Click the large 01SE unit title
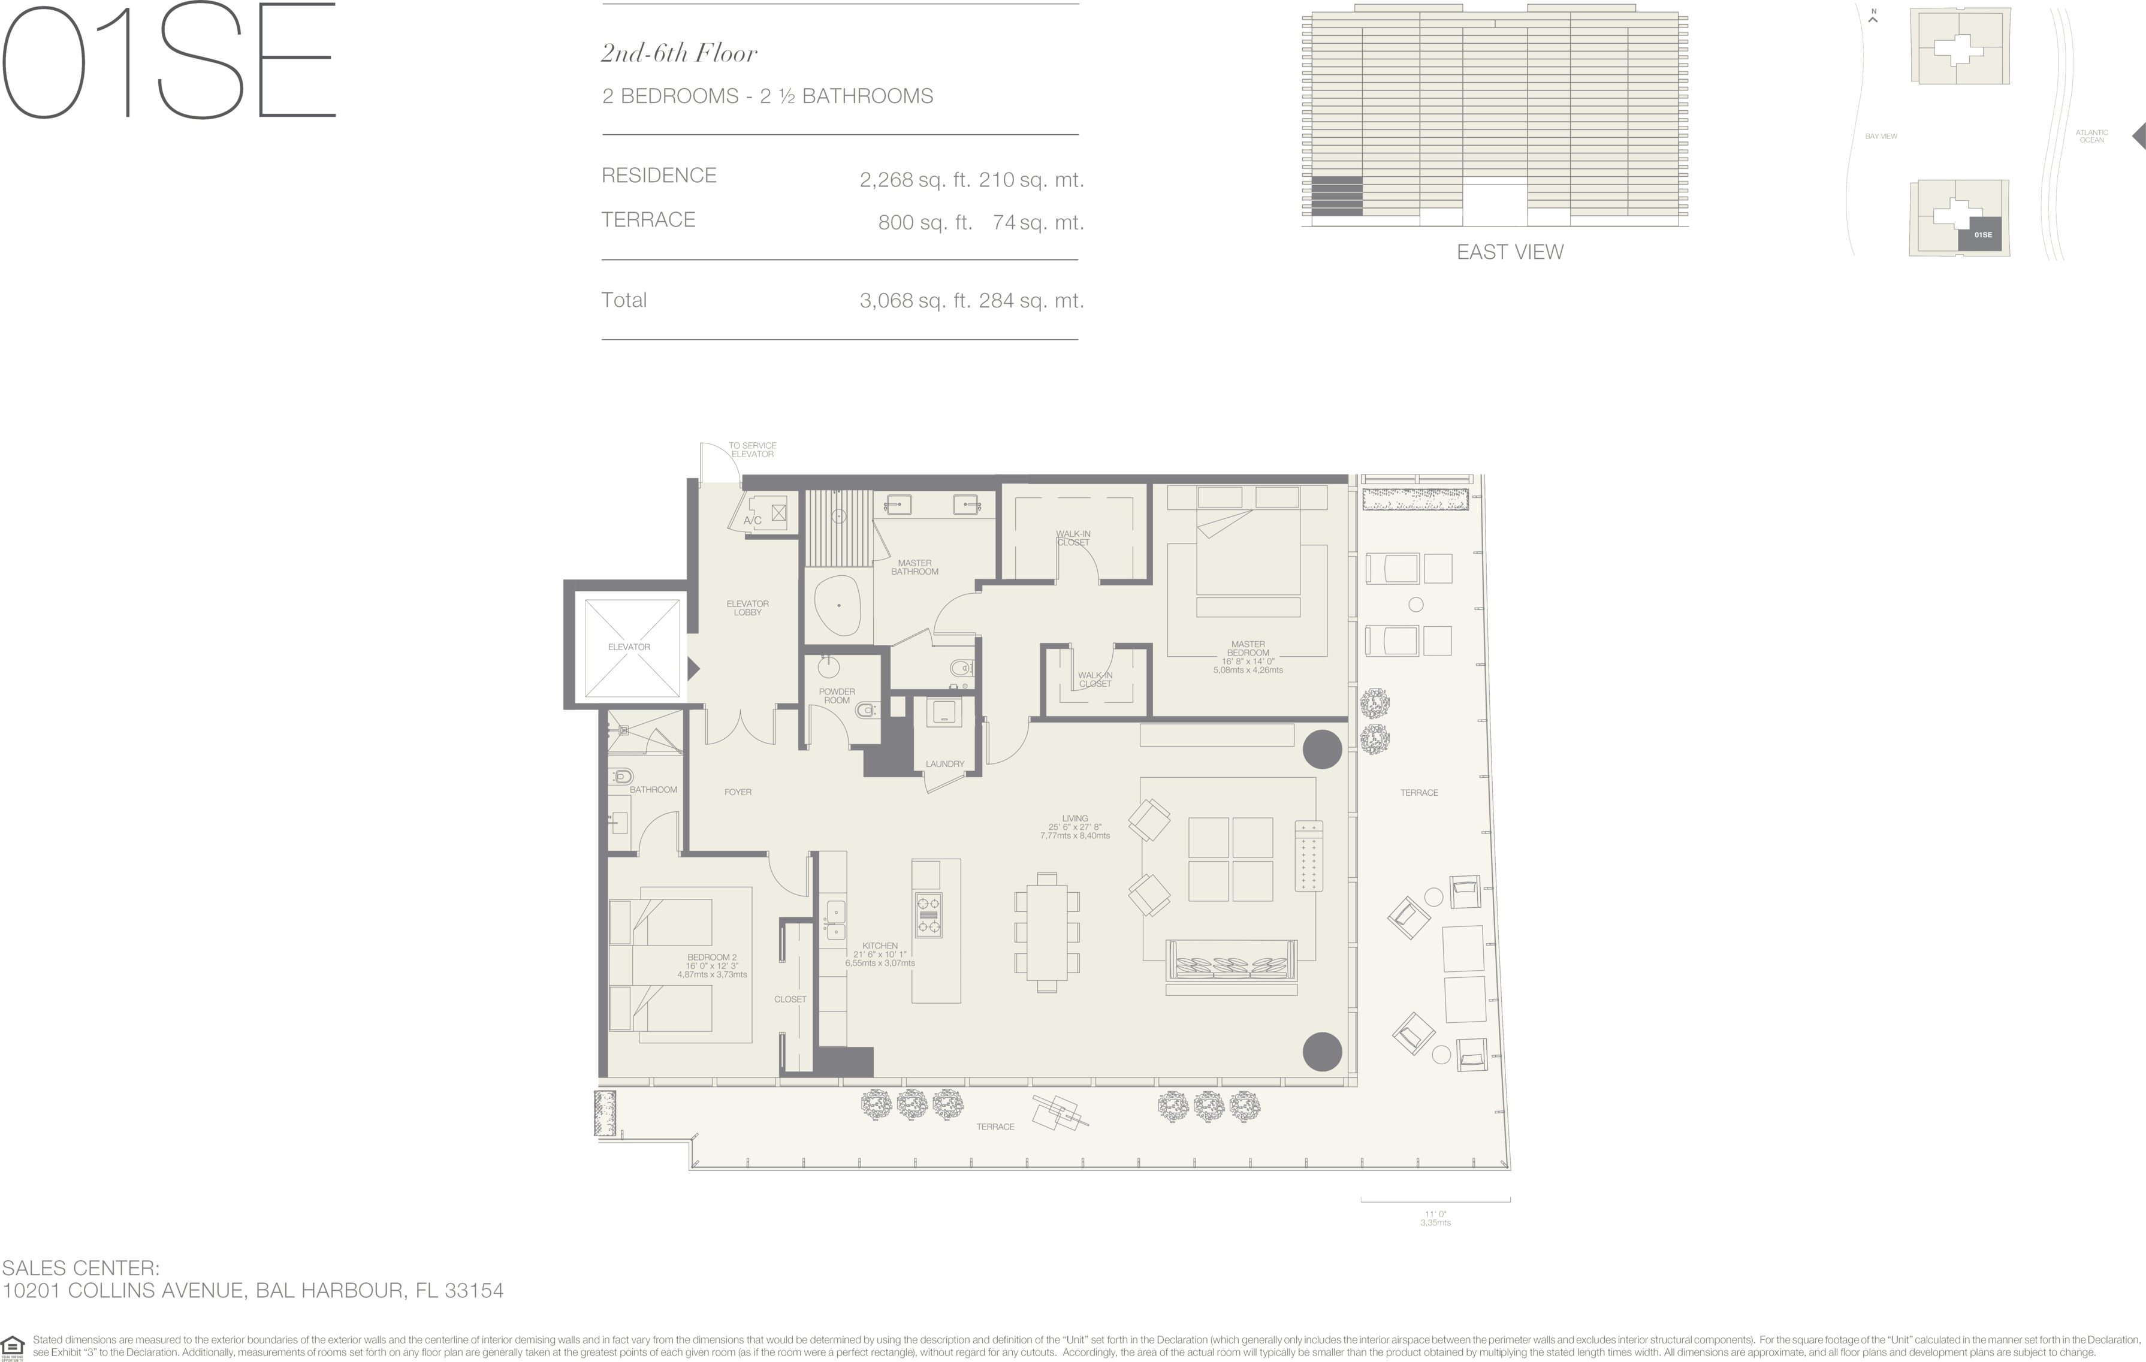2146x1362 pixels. coord(168,60)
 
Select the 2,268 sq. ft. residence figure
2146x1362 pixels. coord(915,180)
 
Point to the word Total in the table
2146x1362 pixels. coord(624,300)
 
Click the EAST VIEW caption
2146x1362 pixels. coord(1510,252)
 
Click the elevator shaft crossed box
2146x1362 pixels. coord(632,647)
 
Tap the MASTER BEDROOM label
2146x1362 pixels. coord(1248,649)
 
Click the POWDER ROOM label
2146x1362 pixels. coord(837,696)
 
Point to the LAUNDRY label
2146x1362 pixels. coord(944,764)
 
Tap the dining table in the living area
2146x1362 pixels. coord(1047,932)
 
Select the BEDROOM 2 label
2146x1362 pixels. coord(712,958)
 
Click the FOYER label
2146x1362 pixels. coord(738,792)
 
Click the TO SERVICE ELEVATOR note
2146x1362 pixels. coord(752,449)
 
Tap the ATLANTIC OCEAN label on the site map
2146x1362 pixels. coord(2091,137)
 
